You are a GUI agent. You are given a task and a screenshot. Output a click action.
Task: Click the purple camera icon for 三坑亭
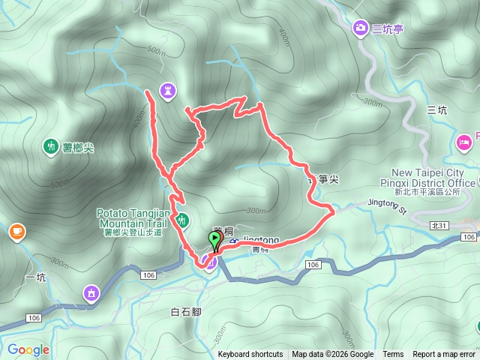(x=361, y=28)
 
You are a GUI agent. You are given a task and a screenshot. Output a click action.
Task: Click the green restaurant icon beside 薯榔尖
(x=51, y=146)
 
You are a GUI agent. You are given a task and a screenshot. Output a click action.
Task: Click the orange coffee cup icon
(x=16, y=231)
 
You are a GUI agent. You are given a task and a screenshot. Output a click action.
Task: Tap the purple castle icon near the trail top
(x=168, y=91)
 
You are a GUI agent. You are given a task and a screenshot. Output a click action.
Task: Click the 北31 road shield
(x=439, y=225)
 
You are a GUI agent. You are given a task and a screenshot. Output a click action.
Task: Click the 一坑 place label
(x=35, y=277)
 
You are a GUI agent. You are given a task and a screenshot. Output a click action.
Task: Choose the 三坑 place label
(x=437, y=110)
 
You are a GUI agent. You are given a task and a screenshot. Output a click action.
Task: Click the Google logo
(x=28, y=349)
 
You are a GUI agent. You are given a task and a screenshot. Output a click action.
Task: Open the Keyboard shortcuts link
(x=250, y=355)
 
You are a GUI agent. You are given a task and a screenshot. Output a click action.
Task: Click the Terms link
(x=393, y=355)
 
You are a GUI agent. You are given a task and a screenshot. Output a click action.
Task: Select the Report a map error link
(x=444, y=355)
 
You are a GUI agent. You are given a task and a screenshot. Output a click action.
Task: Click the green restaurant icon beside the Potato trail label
(x=181, y=220)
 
